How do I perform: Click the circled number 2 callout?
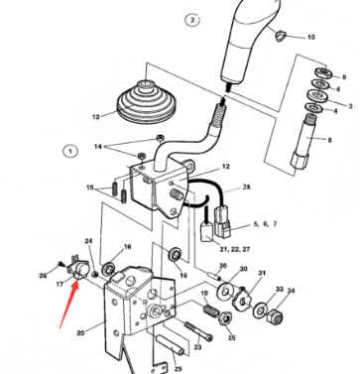pos(192,19)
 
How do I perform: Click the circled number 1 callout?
pos(70,152)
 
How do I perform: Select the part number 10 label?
pos(310,37)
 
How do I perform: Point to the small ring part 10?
pos(280,37)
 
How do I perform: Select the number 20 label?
pos(81,334)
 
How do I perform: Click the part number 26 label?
pos(45,275)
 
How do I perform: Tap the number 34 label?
pos(291,291)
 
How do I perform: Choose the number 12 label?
pos(225,167)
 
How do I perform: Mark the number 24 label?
pos(88,241)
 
